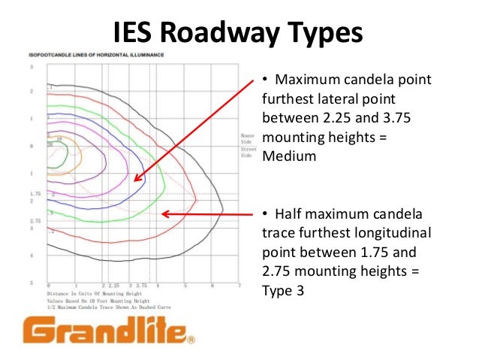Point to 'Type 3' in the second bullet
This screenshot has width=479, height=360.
click(x=283, y=289)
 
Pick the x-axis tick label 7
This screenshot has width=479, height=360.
click(x=239, y=286)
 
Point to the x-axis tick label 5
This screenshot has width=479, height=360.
click(x=185, y=286)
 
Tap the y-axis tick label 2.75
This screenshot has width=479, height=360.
click(x=35, y=221)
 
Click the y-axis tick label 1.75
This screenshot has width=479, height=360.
click(x=35, y=193)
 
